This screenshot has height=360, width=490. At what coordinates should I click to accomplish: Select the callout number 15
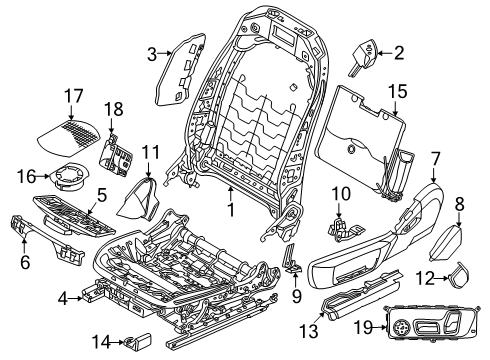(x=398, y=91)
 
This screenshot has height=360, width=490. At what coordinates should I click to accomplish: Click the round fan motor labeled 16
(x=71, y=178)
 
